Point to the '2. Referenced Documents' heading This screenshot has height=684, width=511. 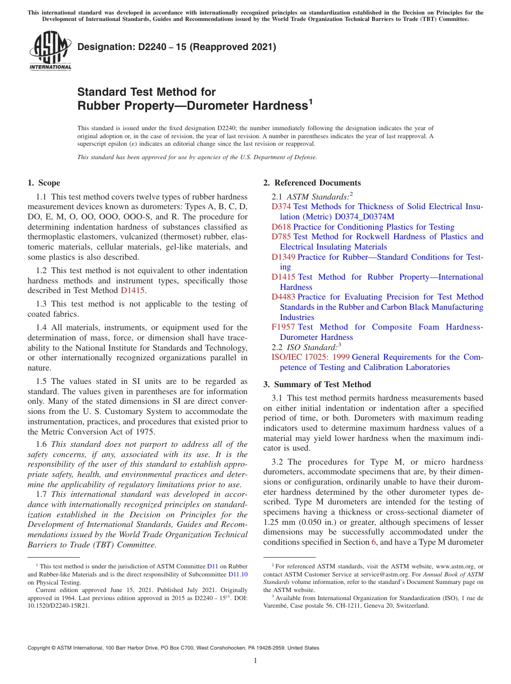(312, 183)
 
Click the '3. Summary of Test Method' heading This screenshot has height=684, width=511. (317, 384)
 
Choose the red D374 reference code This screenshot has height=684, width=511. (281, 206)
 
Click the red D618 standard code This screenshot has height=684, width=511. (281, 227)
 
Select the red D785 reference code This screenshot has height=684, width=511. (281, 237)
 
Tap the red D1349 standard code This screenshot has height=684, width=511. (283, 257)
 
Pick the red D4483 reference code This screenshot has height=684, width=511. (283, 297)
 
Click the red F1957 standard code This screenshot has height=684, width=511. (283, 327)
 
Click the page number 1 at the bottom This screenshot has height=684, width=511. (256, 660)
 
